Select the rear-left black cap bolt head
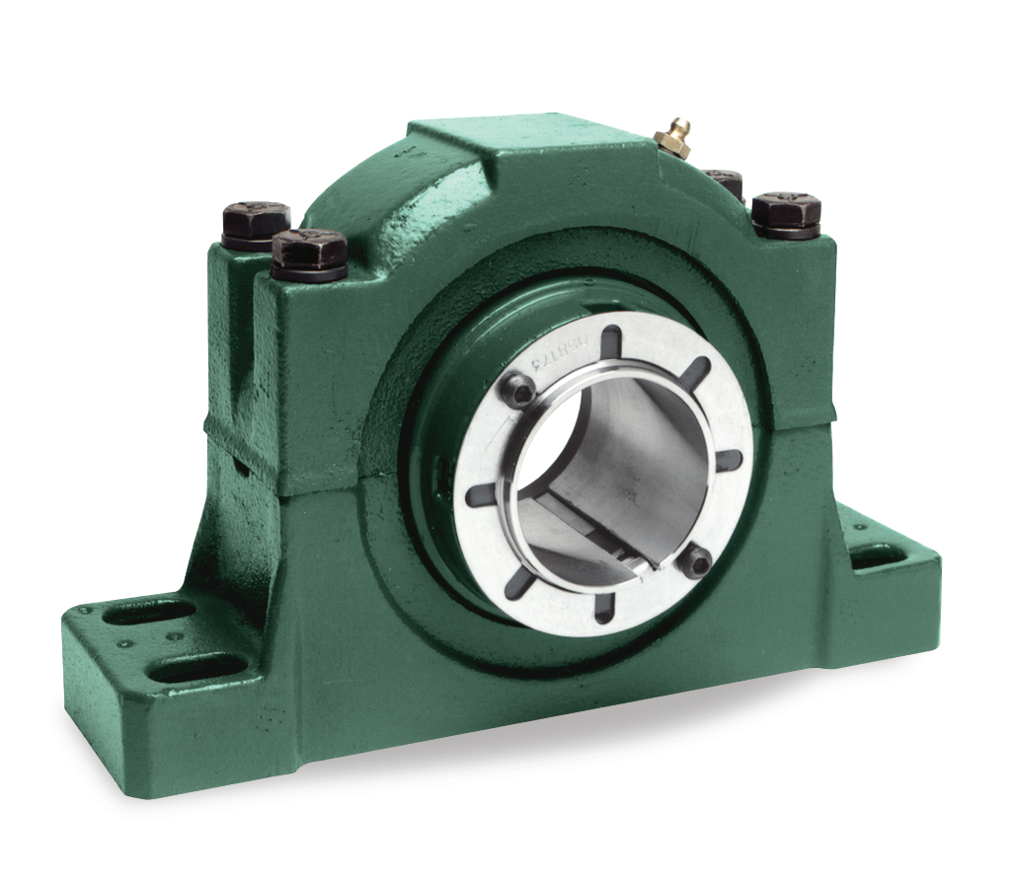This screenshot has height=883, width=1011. pos(256,219)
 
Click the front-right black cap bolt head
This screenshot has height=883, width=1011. pos(786,210)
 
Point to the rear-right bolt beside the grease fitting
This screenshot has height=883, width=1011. pos(726,183)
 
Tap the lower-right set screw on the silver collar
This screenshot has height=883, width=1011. pos(699,560)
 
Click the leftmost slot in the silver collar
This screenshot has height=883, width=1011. pos(481,497)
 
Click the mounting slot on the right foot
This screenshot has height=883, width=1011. pos(879,555)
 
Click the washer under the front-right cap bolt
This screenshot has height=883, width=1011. pos(786,233)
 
